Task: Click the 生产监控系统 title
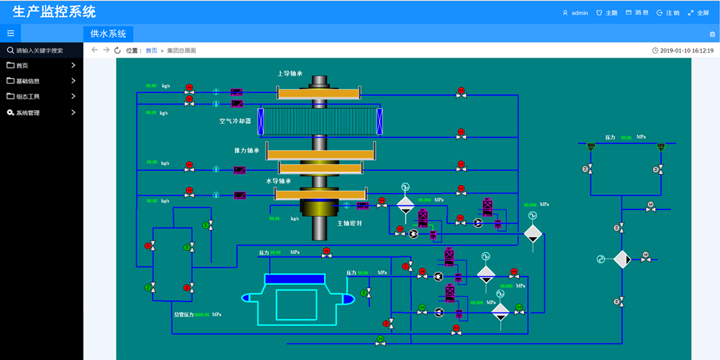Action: [54, 12]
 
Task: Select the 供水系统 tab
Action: [108, 33]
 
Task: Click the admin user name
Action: [580, 12]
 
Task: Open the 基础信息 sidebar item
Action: [28, 81]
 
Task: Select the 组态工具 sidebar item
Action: [28, 96]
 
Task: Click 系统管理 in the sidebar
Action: [28, 112]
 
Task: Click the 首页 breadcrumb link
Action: [151, 50]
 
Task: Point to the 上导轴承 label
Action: [289, 73]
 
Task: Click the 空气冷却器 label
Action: [235, 121]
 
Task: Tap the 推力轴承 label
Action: [246, 150]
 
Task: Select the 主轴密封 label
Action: [350, 222]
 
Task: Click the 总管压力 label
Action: [184, 315]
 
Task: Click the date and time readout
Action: [687, 50]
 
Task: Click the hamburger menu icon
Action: [11, 33]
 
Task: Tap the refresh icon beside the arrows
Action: [117, 50]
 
